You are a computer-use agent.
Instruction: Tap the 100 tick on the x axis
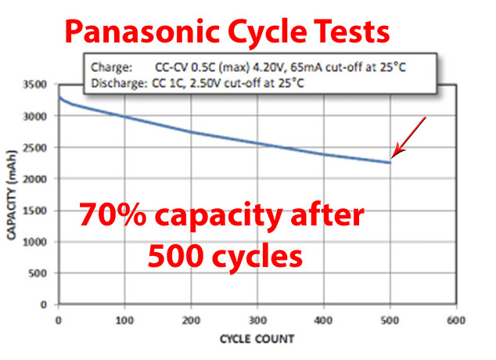coord(124,321)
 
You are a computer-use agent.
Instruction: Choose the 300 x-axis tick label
coord(257,321)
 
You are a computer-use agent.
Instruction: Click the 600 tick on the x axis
coord(457,321)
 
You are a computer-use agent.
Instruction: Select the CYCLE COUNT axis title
coord(257,340)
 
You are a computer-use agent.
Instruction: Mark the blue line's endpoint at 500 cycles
coord(390,163)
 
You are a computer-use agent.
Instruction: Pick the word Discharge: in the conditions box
coord(116,81)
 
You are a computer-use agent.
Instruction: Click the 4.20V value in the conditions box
coord(261,67)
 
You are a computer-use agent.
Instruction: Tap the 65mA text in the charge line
coord(300,67)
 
